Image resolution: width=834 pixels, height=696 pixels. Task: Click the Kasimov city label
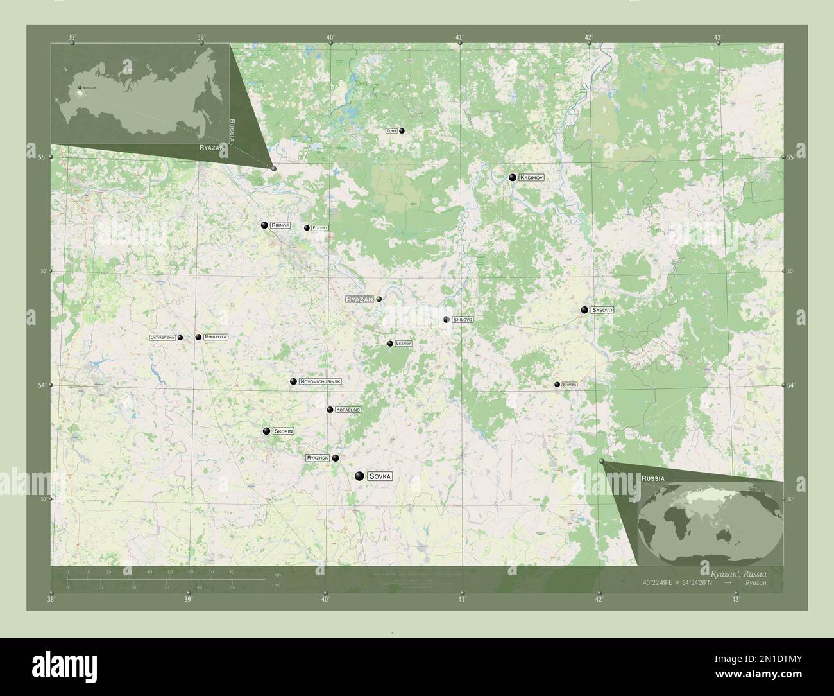pyautogui.click(x=532, y=177)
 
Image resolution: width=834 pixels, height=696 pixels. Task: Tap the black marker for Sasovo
pyautogui.click(x=584, y=310)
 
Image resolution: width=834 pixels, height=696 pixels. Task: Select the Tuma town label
pyautogui.click(x=392, y=130)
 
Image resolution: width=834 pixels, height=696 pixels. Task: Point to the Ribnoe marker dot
pyautogui.click(x=264, y=225)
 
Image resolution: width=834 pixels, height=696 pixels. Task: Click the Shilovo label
pyautogui.click(x=462, y=319)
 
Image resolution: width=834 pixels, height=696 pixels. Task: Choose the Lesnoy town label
pyautogui.click(x=403, y=344)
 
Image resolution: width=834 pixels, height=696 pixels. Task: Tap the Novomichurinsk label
pyautogui.click(x=319, y=381)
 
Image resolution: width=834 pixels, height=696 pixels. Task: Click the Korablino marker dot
pyautogui.click(x=330, y=410)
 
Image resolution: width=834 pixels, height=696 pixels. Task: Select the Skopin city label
pyautogui.click(x=283, y=431)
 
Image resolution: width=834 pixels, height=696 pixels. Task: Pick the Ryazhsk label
pyautogui.click(x=318, y=458)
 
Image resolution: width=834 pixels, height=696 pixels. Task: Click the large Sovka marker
pyautogui.click(x=359, y=476)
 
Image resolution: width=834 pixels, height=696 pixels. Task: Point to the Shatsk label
pyautogui.click(x=569, y=385)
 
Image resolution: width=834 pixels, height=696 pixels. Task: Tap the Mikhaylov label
pyautogui.click(x=216, y=337)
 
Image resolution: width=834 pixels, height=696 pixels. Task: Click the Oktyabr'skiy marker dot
pyautogui.click(x=180, y=337)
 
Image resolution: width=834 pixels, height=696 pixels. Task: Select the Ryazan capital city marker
pyautogui.click(x=379, y=299)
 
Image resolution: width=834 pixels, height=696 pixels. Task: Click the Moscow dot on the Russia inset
pyautogui.click(x=80, y=87)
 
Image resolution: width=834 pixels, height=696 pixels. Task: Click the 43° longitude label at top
pyautogui.click(x=719, y=38)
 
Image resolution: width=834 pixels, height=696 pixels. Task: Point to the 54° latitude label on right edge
pyautogui.click(x=792, y=385)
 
